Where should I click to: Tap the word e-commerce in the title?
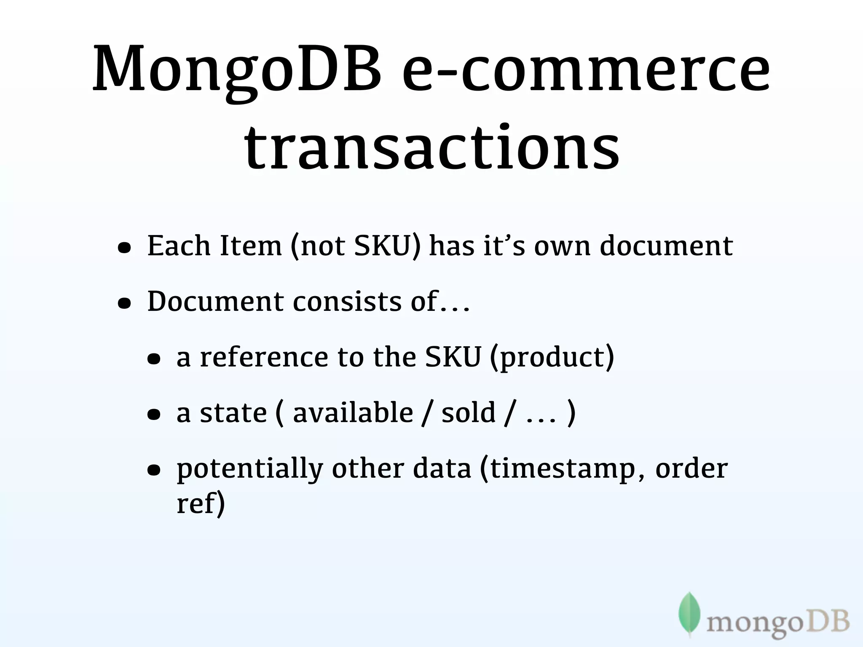pos(586,70)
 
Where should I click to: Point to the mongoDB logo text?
pos(777,623)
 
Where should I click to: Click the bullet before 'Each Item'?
pos(124,249)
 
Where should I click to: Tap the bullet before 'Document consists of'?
pos(124,304)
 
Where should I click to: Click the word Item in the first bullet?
pos(250,246)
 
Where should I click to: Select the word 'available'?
pos(353,413)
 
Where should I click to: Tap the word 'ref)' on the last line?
pos(201,504)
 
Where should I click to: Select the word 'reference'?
pos(264,357)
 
